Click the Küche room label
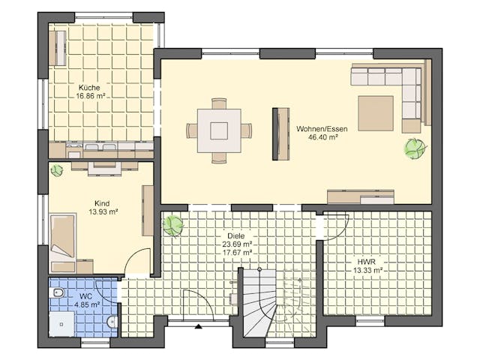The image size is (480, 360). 89,88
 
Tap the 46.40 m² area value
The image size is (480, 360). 322,137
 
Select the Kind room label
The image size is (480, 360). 102,203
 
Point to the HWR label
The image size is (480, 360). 367,262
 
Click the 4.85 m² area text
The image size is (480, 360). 87,304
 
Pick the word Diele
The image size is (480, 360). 236,236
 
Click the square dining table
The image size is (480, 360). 219,130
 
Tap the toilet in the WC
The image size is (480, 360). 58,293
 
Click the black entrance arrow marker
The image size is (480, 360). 199,326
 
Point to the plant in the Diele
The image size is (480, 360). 173,226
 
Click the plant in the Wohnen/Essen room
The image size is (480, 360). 415,148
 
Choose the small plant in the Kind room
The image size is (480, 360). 57,170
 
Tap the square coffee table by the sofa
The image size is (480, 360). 376,113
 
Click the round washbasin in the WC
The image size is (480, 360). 112,322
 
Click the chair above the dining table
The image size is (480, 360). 219,103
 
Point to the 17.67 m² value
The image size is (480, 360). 238,253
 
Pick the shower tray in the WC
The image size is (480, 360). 61,324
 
